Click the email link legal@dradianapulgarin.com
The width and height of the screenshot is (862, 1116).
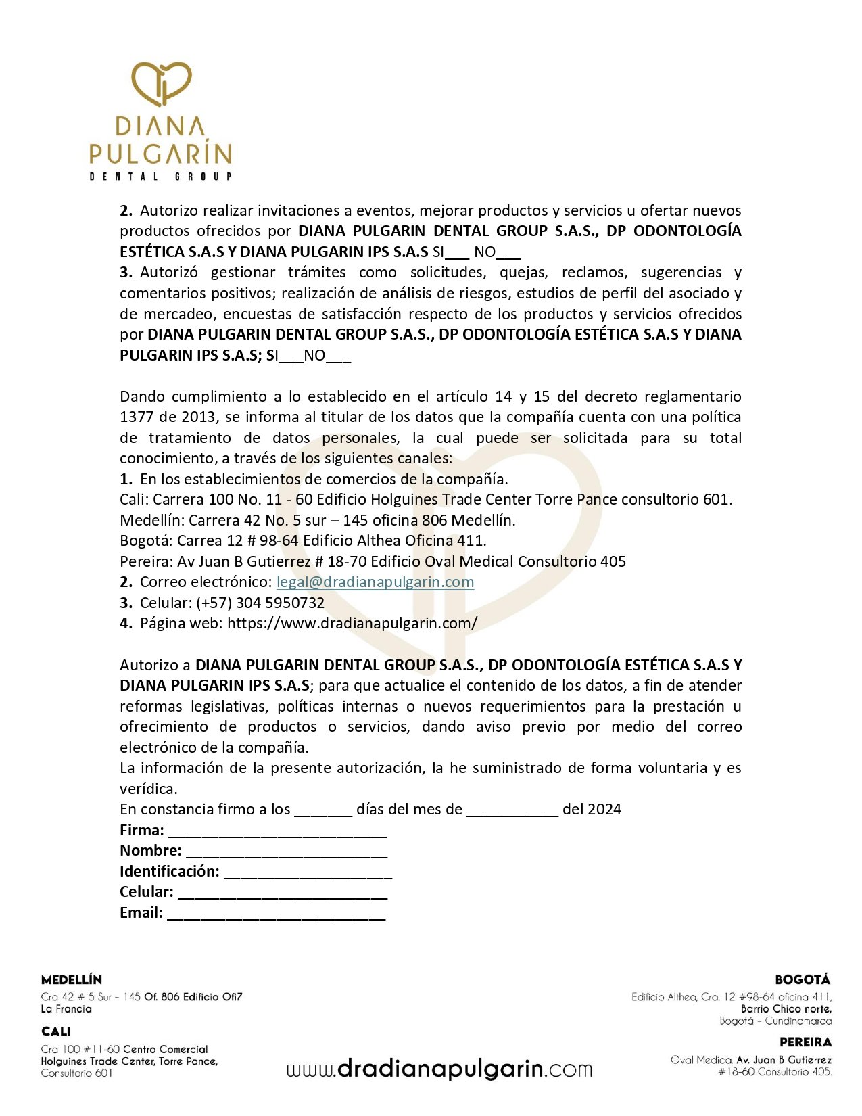click(x=375, y=582)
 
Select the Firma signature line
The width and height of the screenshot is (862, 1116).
click(x=277, y=832)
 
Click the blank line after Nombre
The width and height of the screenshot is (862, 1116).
click(x=286, y=852)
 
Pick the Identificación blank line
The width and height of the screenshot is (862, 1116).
click(x=308, y=873)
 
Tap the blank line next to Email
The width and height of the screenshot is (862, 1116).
click(x=276, y=914)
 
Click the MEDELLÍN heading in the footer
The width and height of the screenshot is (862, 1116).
click(x=72, y=980)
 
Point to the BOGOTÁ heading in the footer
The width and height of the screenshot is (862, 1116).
click(x=803, y=979)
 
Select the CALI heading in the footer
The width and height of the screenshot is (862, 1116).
click(x=55, y=1031)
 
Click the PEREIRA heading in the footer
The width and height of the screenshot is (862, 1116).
click(x=805, y=1042)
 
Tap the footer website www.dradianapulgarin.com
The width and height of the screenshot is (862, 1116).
click(x=439, y=1069)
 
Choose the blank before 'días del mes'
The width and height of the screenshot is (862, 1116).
click(x=323, y=811)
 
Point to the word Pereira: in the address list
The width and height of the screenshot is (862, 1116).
click(x=146, y=562)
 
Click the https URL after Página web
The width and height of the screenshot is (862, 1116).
click(x=352, y=624)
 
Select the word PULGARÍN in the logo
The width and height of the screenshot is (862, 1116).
click(x=160, y=154)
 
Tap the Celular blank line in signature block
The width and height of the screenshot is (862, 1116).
click(x=283, y=894)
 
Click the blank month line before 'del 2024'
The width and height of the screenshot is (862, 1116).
click(x=512, y=811)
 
